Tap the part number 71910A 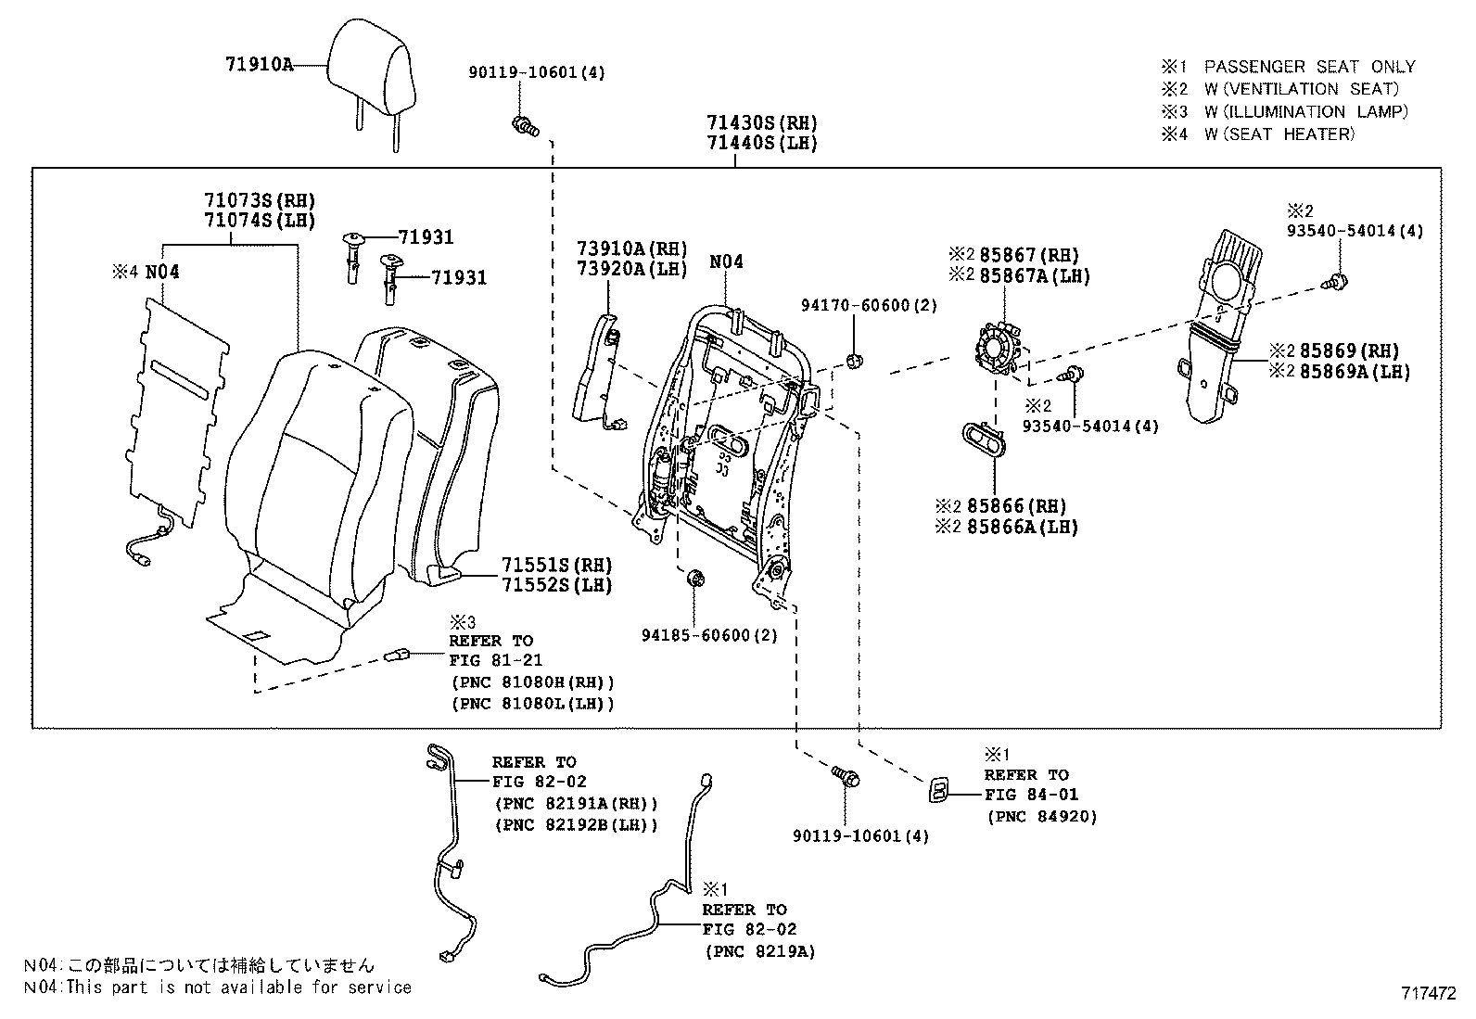259,64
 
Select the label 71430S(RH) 762,122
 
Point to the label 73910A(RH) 632,248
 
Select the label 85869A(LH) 1355,372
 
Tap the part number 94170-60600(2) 869,305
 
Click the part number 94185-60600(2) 709,635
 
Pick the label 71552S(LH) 557,585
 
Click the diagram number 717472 1429,993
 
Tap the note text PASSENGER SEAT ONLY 1310,67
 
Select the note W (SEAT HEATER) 1279,134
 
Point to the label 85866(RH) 1016,506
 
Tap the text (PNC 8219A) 759,951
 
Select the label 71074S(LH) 260,220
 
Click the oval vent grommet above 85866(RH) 985,439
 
